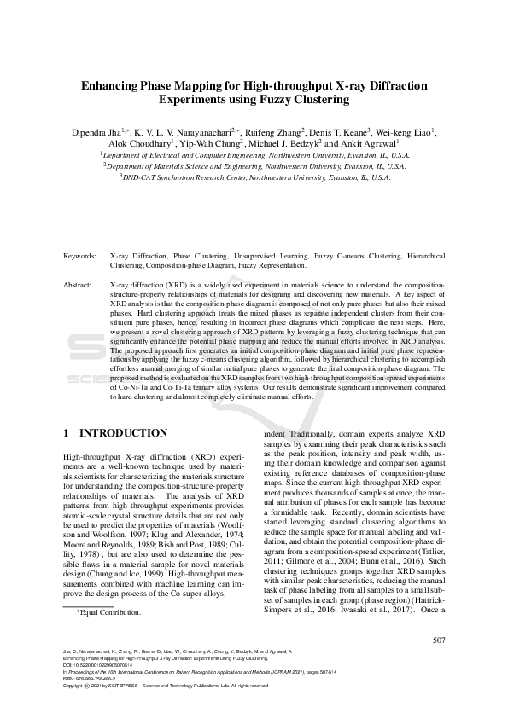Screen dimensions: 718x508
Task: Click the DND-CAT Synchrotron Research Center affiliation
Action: pyautogui.click(x=254, y=178)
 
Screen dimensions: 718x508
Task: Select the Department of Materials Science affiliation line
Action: pyautogui.click(x=254, y=167)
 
